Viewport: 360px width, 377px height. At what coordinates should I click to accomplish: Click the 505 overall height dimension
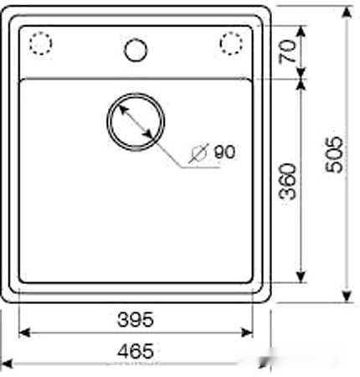click(334, 154)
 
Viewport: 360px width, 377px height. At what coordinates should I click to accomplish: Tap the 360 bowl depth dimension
click(288, 182)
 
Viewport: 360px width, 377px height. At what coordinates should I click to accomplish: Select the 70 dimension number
click(287, 51)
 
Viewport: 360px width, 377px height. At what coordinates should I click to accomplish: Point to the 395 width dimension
click(136, 319)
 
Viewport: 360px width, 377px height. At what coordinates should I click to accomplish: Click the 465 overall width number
click(136, 351)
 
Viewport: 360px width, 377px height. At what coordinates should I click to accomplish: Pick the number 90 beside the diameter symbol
click(224, 152)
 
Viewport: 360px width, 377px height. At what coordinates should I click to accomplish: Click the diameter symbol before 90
click(198, 153)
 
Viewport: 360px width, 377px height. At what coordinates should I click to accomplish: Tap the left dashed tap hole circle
click(41, 44)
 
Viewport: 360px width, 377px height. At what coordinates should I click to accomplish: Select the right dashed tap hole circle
click(231, 44)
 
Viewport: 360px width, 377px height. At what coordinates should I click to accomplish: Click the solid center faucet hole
click(136, 50)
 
